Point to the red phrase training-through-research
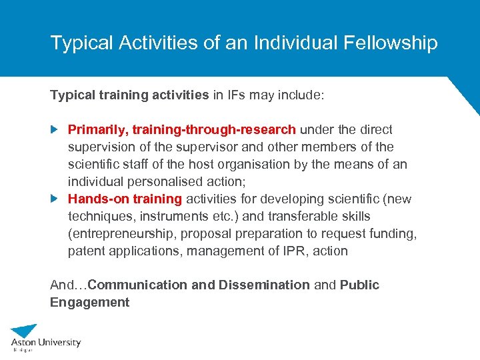tap(214, 129)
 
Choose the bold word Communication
tap(137, 285)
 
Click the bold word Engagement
tap(89, 302)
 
